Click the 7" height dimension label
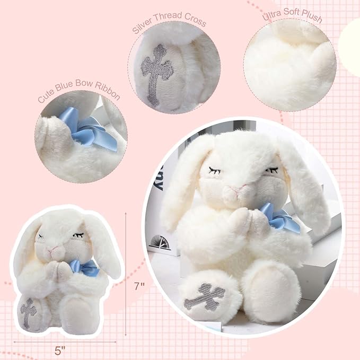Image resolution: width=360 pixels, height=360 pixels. [x=139, y=285]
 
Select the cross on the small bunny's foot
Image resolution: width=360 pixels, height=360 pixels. [x=28, y=313]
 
